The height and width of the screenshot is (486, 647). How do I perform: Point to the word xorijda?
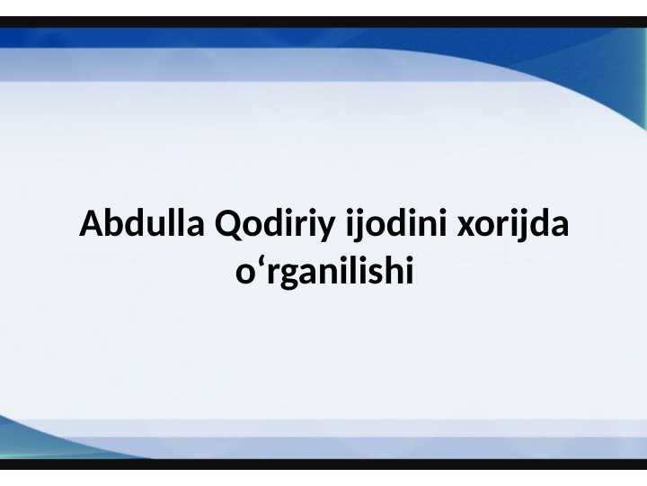pos(513,224)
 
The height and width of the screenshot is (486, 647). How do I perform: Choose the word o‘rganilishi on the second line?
pos(323,272)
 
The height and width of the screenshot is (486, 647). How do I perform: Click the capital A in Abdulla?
pos(90,224)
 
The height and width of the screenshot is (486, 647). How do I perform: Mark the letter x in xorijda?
pos(465,226)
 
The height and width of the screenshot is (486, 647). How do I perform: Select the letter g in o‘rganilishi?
pos(280,274)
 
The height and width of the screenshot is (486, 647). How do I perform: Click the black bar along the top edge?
pos(323,22)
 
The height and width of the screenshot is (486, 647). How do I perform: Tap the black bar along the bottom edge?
pos(323,464)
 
